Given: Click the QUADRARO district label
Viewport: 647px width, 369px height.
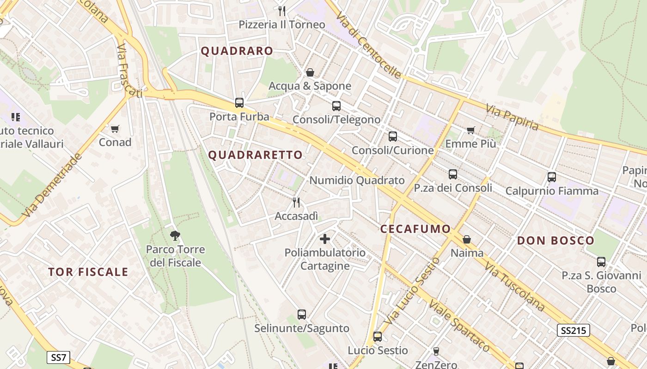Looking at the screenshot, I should tap(237, 51).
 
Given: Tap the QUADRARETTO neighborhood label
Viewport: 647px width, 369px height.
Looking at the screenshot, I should tap(255, 155).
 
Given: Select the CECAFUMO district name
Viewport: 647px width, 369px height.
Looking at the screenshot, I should tap(415, 229).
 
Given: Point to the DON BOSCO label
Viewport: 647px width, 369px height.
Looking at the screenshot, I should tap(555, 240).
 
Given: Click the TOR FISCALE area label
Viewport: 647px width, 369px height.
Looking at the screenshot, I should tap(88, 272).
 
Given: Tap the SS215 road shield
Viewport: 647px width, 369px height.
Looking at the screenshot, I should tap(573, 330).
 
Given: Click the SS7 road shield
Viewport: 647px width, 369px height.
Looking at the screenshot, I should tap(58, 357).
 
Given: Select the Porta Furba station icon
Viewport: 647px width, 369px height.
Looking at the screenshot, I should tap(239, 103).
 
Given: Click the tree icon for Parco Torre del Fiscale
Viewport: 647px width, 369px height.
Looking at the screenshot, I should tap(175, 236).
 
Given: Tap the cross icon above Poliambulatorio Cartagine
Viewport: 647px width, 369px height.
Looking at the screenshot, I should tap(325, 239).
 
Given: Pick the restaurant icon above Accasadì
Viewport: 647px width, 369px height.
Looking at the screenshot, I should tap(296, 202).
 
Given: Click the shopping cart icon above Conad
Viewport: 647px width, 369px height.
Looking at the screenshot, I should tap(115, 129).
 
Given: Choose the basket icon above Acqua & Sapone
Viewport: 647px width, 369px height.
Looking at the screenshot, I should tap(310, 72).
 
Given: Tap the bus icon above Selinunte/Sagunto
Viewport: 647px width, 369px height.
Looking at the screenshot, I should tap(302, 315).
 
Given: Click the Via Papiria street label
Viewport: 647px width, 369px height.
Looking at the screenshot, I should tap(512, 117).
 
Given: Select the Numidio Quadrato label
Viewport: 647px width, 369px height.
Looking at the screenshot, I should tap(357, 180).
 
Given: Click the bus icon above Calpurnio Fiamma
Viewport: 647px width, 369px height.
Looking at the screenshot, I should tap(551, 177).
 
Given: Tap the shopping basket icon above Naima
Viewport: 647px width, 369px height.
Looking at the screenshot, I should tap(467, 239).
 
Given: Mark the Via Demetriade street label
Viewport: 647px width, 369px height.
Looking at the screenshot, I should tap(52, 185).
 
